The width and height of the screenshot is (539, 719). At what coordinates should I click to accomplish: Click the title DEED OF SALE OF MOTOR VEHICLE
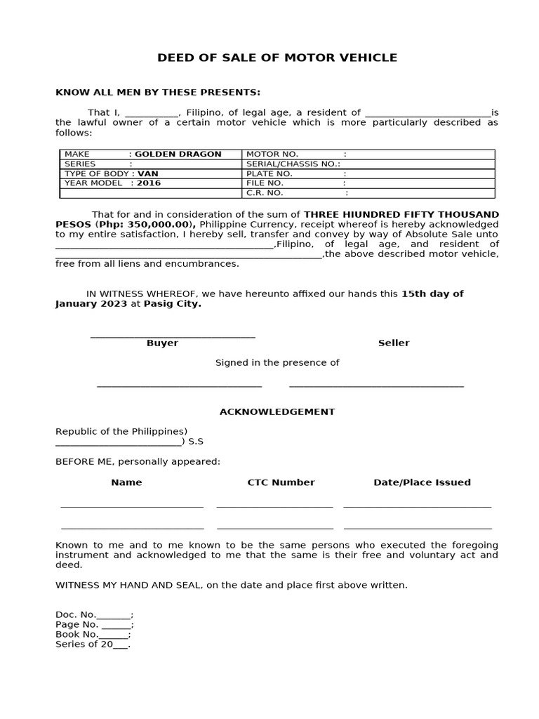pyautogui.click(x=277, y=58)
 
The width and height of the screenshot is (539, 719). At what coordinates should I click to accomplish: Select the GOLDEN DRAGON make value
pyautogui.click(x=178, y=154)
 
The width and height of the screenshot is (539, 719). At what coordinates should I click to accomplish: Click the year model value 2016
pyautogui.click(x=149, y=183)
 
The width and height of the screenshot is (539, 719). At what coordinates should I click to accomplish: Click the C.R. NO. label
pyautogui.click(x=265, y=192)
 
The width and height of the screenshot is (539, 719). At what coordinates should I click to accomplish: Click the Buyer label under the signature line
pyautogui.click(x=162, y=343)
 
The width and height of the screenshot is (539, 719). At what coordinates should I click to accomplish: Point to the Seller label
pyautogui.click(x=394, y=343)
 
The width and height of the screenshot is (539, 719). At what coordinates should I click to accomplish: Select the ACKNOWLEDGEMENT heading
pyautogui.click(x=277, y=411)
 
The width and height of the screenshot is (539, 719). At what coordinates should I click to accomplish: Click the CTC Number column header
pyautogui.click(x=281, y=482)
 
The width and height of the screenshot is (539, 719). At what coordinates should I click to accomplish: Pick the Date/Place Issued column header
pyautogui.click(x=422, y=482)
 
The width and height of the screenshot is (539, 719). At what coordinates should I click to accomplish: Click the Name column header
pyautogui.click(x=126, y=482)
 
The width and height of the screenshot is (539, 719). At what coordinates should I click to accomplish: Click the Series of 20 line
pyautogui.click(x=93, y=644)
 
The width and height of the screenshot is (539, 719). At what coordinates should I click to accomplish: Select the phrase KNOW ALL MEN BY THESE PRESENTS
pyautogui.click(x=158, y=92)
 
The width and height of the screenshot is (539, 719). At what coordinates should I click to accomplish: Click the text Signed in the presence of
pyautogui.click(x=277, y=362)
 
